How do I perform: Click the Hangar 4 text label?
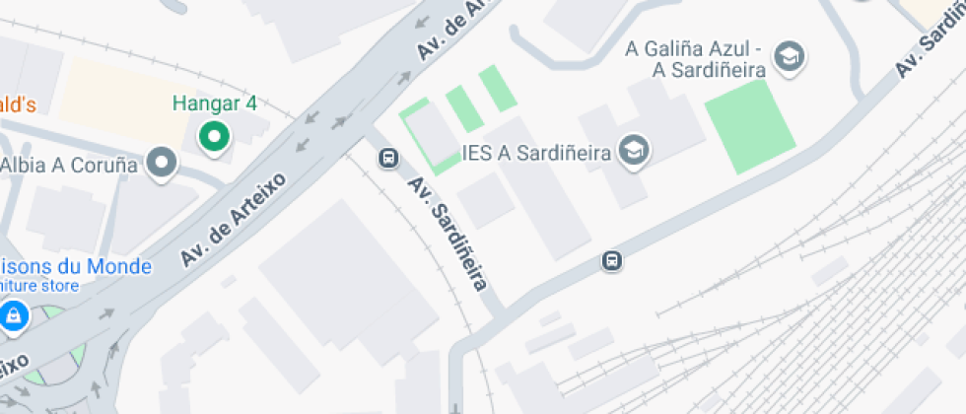(214, 103)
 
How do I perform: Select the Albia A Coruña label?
(69, 165)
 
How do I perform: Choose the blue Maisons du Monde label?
(76, 267)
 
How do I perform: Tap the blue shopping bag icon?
(13, 315)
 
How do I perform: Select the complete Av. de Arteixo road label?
(233, 220)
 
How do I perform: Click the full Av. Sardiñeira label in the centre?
(448, 234)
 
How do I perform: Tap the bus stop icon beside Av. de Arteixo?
(388, 158)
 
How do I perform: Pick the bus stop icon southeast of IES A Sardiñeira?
(612, 261)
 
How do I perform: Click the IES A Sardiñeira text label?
(537, 153)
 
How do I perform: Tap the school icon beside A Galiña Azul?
(789, 57)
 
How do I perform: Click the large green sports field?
(749, 125)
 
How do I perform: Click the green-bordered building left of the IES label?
(430, 136)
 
